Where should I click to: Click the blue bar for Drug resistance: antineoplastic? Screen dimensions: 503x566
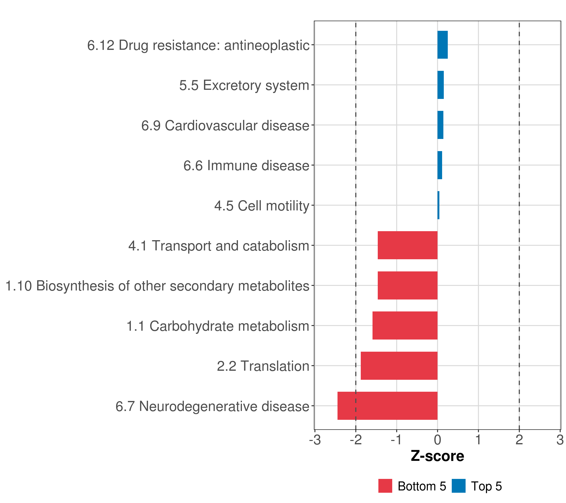point(442,45)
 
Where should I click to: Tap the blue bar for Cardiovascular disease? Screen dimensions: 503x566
point(440,125)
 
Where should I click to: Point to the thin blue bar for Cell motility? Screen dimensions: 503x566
point(438,205)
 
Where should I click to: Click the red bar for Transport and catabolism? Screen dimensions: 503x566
point(407,245)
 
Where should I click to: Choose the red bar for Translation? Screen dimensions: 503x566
point(399,366)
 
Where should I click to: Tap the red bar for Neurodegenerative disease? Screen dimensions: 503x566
point(387,406)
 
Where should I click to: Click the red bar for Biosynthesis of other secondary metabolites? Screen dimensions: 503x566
point(407,285)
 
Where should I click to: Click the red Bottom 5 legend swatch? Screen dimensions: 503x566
point(385,486)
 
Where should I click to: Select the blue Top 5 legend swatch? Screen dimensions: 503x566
point(458,486)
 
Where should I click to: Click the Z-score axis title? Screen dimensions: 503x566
point(437,456)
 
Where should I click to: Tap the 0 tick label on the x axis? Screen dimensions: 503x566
point(437,440)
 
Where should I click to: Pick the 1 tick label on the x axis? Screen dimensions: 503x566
point(478,440)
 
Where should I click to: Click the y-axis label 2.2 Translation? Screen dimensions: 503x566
point(263,366)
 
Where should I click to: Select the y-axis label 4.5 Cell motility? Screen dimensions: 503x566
point(261,206)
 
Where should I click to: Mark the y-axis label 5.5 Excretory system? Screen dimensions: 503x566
point(244,85)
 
